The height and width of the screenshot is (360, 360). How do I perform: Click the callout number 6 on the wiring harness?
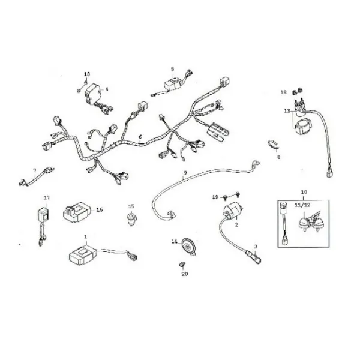click(140, 137)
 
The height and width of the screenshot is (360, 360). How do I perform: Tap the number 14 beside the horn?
click(175, 241)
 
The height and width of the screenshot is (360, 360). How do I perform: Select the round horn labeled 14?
click(189, 247)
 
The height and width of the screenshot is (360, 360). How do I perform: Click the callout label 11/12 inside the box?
click(303, 205)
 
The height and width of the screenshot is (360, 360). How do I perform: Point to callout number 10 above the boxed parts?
click(304, 192)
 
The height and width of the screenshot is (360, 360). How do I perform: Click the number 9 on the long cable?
click(185, 173)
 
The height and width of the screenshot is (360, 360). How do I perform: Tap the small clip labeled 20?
click(182, 265)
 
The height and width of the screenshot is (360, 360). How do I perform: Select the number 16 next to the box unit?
click(100, 209)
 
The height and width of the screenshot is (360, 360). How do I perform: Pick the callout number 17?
click(47, 197)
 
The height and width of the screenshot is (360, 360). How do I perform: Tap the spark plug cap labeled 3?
click(254, 257)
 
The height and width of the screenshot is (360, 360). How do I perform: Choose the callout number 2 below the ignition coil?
click(237, 225)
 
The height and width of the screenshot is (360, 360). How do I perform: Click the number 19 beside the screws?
click(215, 197)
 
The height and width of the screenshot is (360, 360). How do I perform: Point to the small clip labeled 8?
click(274, 144)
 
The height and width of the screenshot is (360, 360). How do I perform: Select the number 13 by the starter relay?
click(287, 111)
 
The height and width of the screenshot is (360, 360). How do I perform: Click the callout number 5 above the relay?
click(172, 69)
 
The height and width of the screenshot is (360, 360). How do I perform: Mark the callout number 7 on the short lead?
click(35, 170)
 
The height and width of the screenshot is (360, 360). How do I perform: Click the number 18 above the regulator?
click(87, 74)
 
